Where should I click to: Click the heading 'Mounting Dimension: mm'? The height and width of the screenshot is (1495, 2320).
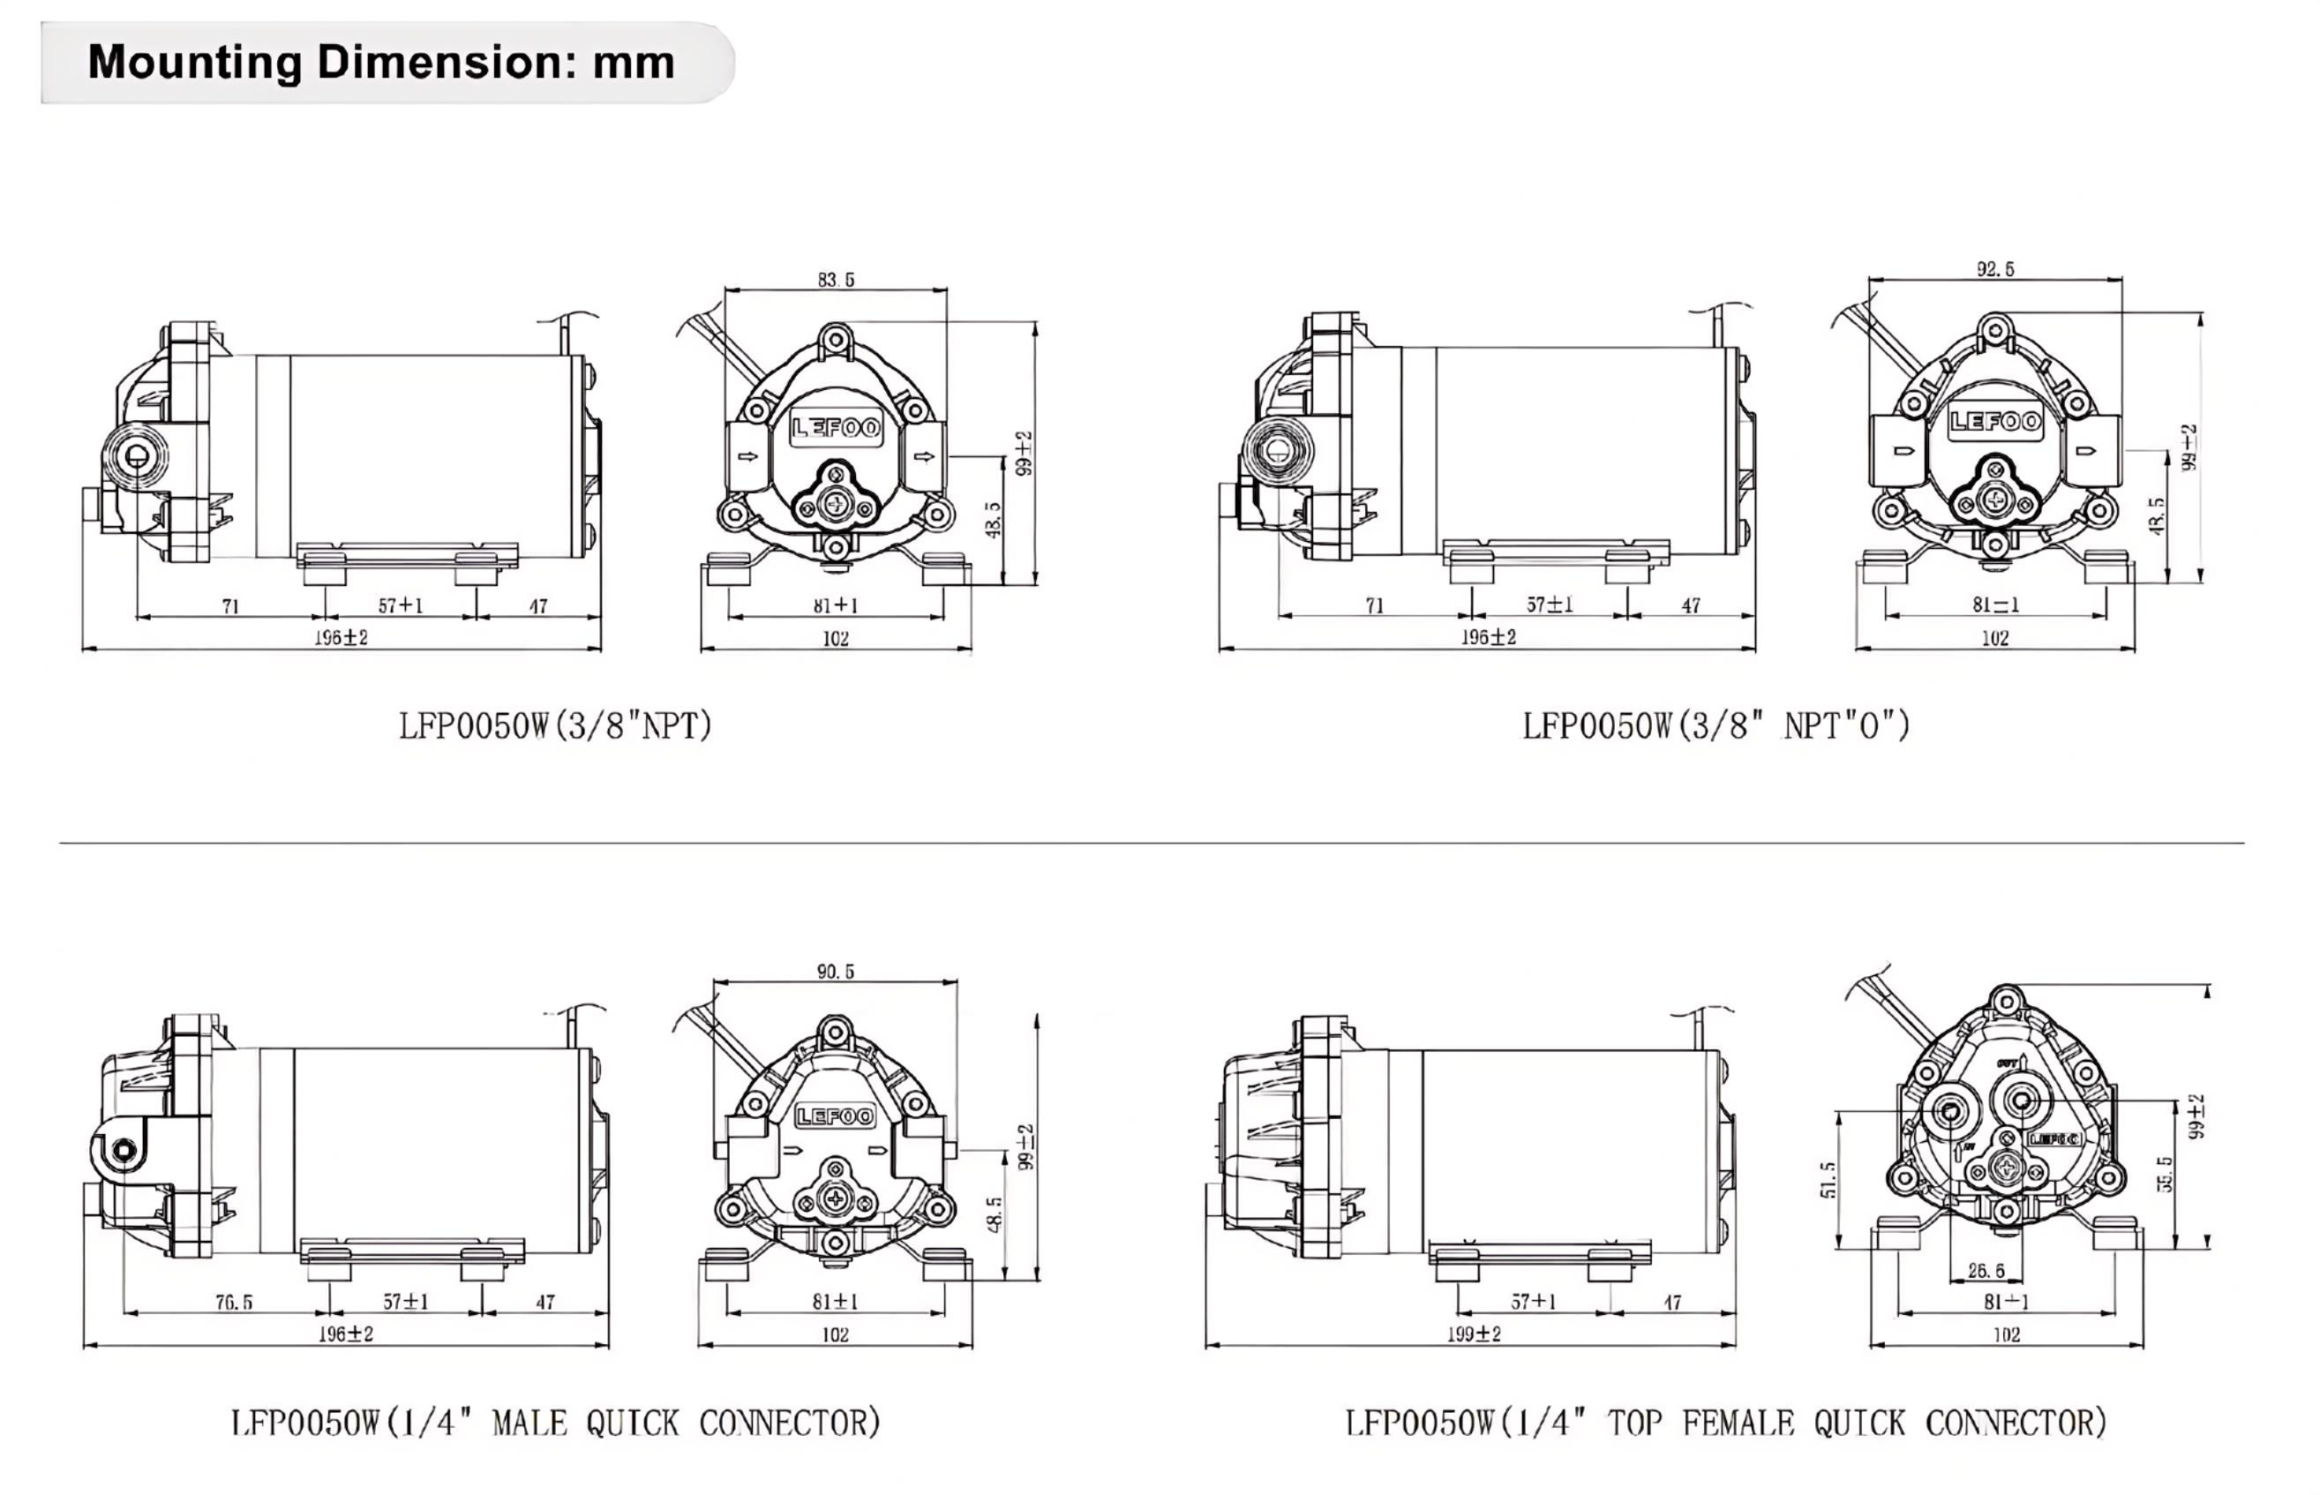380,62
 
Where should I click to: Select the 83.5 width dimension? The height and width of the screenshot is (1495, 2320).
835,280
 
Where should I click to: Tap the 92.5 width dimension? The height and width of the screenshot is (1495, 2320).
1994,269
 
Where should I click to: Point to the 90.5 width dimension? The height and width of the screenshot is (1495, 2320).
835,972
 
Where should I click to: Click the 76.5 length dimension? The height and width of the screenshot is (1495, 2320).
234,1302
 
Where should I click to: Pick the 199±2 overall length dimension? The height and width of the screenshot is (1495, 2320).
1474,1333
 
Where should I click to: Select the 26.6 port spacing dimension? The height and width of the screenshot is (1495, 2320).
1986,1270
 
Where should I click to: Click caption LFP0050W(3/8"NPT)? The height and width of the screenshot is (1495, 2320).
555,726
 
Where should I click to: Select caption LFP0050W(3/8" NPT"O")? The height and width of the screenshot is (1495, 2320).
1716,726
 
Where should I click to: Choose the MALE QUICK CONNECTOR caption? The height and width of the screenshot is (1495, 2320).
555,1424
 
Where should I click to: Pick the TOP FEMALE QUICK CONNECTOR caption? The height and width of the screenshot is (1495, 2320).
1726,1424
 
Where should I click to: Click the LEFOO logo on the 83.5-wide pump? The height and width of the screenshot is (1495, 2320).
836,428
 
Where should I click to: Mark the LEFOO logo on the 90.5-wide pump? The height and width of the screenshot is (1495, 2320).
836,1116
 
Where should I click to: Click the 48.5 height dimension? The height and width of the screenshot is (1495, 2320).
994,1213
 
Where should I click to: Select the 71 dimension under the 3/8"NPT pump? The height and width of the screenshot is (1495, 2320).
230,605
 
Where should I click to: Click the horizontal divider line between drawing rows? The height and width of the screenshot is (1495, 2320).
1152,843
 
